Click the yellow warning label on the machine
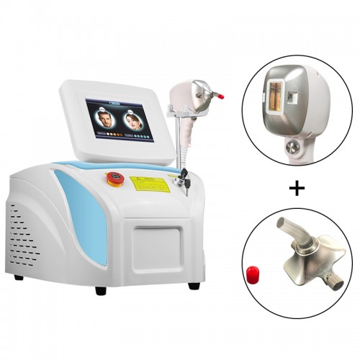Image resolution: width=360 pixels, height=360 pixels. coord(150,183)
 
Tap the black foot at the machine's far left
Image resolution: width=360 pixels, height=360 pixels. coord(18,277)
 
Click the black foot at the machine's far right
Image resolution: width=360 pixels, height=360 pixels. coord(194,286)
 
